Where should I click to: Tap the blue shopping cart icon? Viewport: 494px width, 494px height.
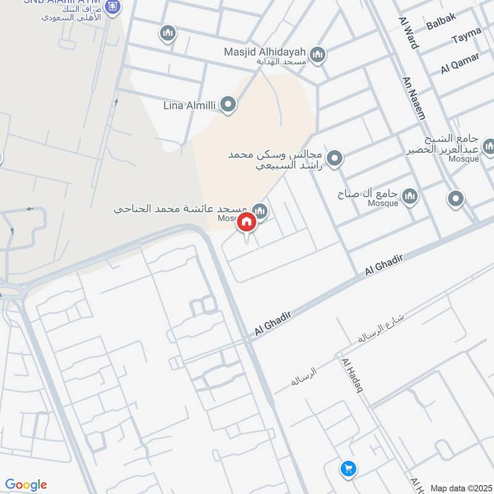click(x=348, y=469)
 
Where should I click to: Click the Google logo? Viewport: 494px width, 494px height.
click(x=26, y=485)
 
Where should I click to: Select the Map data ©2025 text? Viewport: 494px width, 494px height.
click(x=460, y=488)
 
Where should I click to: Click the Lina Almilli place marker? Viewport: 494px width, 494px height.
click(x=228, y=105)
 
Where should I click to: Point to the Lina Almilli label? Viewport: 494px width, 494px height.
click(x=189, y=106)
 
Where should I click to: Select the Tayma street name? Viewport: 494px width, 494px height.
click(x=466, y=39)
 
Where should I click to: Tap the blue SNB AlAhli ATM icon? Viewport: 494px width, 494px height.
click(x=112, y=8)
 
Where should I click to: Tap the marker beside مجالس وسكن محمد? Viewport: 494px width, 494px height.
click(x=335, y=159)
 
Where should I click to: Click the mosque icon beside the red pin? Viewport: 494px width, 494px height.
click(x=260, y=212)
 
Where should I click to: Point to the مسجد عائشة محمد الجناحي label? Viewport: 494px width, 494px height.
click(x=180, y=209)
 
